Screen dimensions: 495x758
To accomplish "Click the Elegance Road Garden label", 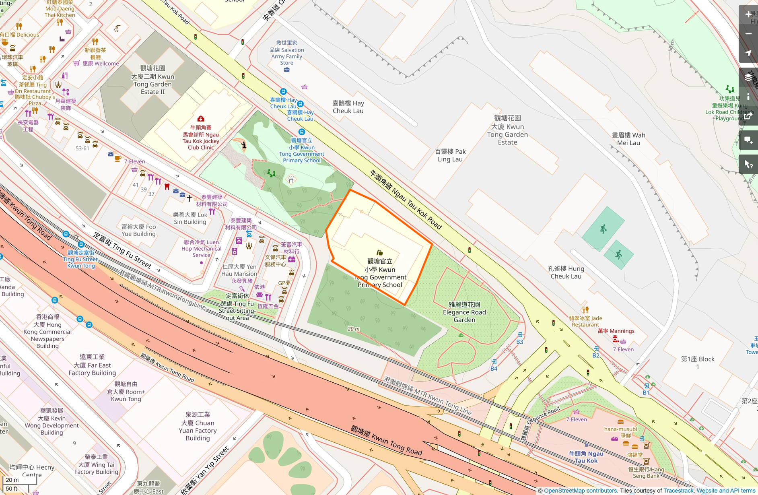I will (464, 312).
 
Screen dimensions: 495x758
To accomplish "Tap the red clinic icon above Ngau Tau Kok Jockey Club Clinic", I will (200, 119).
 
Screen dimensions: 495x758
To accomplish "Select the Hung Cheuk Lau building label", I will (566, 272).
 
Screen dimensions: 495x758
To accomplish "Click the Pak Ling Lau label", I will (450, 155).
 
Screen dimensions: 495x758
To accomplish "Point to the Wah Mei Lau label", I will (628, 139).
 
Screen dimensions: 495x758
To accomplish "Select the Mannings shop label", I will (616, 331).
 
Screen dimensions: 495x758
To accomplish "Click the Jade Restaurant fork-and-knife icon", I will (585, 309).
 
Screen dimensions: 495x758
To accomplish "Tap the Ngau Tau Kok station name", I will (586, 457).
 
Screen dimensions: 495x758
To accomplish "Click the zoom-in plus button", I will (748, 14).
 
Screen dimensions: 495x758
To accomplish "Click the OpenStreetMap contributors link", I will (580, 491).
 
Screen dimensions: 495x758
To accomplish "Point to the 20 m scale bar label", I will (12, 480).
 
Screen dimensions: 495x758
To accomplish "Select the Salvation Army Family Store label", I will (287, 53).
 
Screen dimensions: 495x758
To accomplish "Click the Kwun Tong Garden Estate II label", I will (152, 80).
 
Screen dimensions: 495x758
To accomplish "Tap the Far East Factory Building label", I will (92, 365).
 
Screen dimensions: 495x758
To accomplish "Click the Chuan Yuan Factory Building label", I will (198, 426).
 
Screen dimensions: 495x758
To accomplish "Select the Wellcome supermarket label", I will (101, 64).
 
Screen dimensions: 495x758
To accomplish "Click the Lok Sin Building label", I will (190, 218).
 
